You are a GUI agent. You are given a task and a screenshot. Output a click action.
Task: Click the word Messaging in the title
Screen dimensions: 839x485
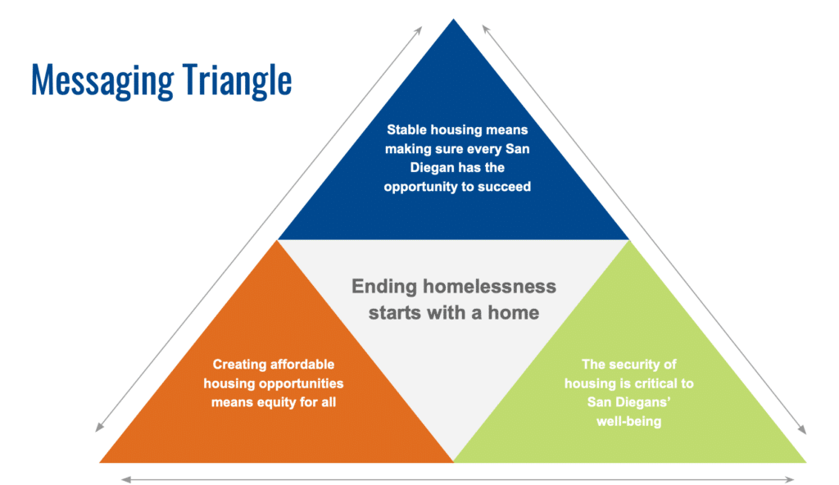tap(102, 81)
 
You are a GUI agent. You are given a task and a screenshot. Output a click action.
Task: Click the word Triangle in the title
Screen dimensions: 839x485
tap(237, 81)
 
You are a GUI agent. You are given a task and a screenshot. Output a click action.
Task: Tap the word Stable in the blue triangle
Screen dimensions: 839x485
tap(406, 129)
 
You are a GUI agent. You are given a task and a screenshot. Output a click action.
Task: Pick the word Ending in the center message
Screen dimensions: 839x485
tap(384, 287)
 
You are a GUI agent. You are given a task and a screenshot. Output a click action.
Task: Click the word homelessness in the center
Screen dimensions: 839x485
tap(490, 287)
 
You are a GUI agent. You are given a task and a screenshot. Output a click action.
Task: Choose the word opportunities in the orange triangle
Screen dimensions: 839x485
tap(302, 384)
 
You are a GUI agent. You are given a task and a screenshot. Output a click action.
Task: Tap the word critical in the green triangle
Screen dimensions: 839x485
tap(656, 383)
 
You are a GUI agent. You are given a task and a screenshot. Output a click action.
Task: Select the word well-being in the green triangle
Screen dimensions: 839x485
tap(628, 421)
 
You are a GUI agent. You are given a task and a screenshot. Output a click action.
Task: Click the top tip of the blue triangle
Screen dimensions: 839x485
tap(453, 20)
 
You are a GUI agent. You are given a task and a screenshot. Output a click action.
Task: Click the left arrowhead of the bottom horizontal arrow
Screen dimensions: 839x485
tap(125, 479)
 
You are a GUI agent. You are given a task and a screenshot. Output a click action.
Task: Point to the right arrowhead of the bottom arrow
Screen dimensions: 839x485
tap(790, 479)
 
